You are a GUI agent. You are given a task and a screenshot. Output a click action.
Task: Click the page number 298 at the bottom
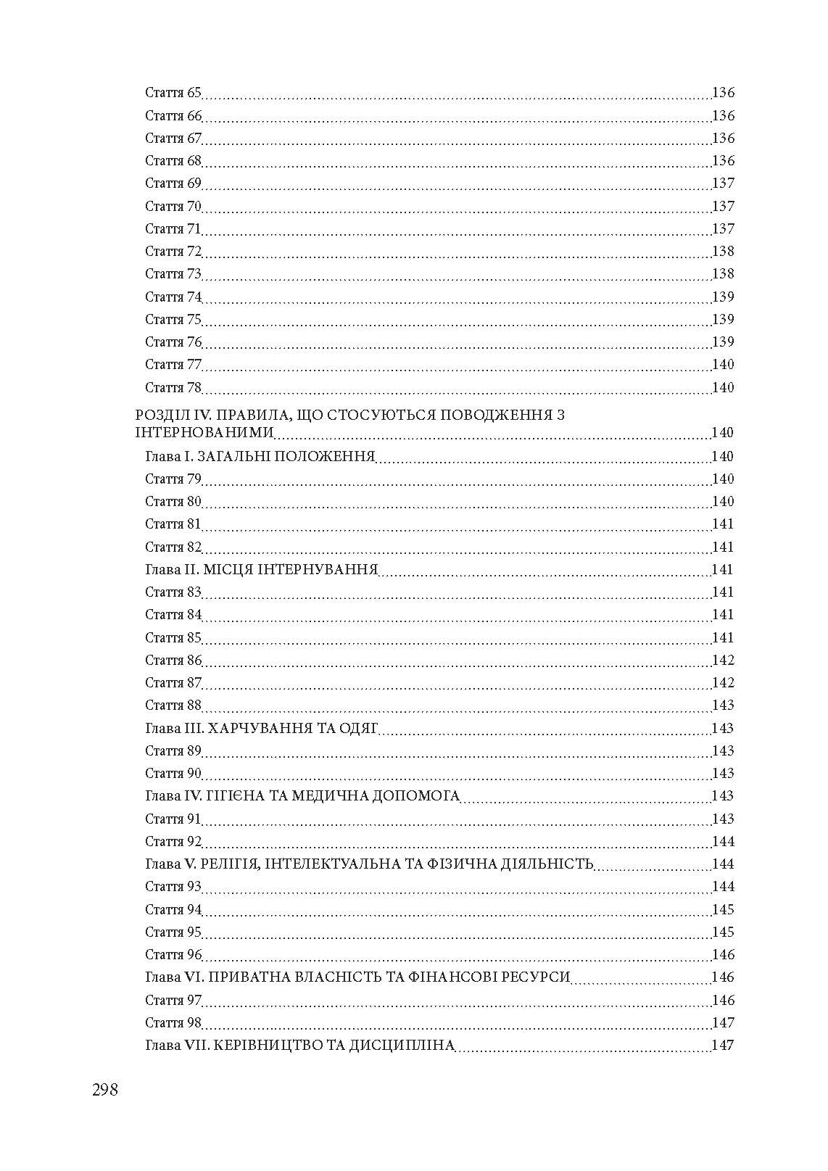point(105,1090)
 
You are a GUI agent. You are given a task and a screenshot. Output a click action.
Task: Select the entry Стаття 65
point(173,93)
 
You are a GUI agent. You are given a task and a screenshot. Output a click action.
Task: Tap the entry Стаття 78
point(173,388)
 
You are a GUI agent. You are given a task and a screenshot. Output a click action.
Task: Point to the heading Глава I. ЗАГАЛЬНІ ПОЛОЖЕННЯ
point(260,457)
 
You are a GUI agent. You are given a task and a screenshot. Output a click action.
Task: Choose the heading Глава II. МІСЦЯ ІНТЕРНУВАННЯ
point(262,570)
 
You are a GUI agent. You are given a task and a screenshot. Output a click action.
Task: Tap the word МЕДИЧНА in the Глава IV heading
point(334,796)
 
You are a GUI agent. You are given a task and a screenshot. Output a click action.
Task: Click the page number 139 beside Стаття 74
point(723,297)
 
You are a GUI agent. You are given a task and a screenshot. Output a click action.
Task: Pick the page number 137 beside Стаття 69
point(723,183)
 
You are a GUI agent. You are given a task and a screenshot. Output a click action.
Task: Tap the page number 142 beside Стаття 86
point(723,661)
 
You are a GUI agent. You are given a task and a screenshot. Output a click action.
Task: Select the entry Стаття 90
point(173,774)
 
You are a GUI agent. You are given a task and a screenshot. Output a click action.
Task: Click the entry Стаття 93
point(173,887)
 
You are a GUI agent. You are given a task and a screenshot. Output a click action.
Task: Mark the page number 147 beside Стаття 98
point(723,1023)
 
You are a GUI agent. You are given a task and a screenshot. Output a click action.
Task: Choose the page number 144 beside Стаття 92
point(723,842)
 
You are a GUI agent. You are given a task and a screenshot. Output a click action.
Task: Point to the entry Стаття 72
point(173,252)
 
